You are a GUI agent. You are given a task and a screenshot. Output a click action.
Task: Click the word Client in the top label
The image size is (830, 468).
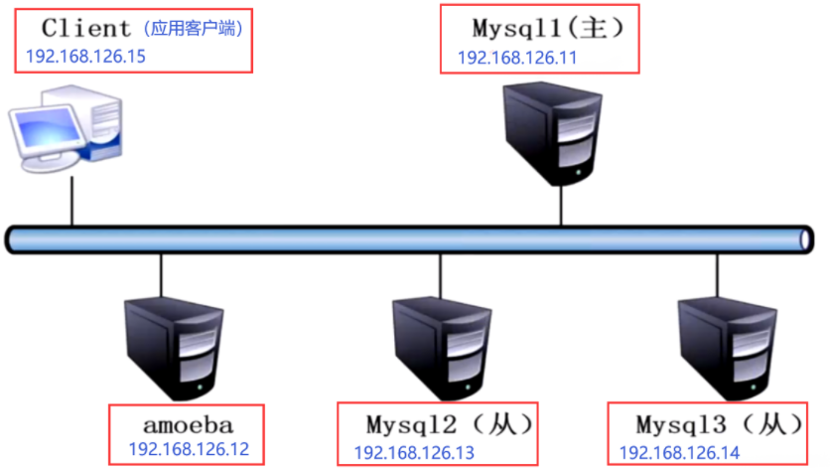point(85,28)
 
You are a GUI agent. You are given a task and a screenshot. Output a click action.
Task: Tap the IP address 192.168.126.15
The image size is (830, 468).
point(85,57)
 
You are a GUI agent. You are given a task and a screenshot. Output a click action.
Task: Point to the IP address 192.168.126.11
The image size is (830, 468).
point(516,58)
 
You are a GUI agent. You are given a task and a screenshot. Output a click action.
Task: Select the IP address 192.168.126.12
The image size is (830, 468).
point(189,449)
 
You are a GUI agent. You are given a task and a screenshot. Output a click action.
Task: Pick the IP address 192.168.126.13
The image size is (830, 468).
point(414,453)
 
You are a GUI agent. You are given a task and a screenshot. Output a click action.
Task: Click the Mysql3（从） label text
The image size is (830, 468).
point(719,425)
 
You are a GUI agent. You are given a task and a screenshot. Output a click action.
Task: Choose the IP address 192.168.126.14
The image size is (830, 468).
point(680,453)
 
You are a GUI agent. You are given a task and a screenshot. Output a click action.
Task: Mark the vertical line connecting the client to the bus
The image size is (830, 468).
point(71,204)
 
